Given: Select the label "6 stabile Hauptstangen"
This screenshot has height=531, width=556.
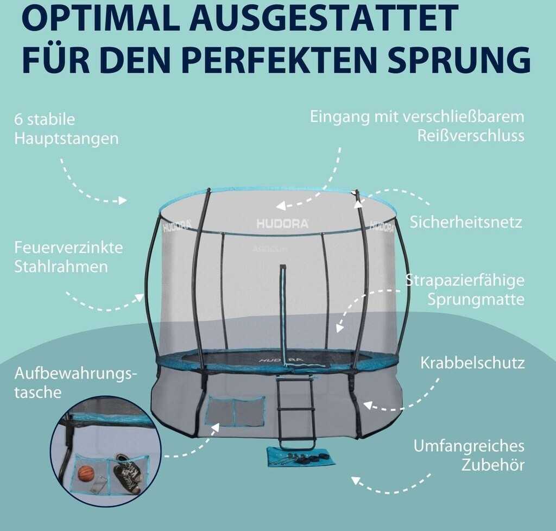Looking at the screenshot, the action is [x=66, y=129].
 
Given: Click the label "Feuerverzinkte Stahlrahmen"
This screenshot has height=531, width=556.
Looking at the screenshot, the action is [x=68, y=257].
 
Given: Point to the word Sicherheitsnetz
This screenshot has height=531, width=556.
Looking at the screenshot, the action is [x=466, y=222].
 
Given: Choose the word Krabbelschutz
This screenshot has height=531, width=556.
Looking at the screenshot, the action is [x=472, y=363].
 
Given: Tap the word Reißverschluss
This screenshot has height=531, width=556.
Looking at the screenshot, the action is [x=471, y=135].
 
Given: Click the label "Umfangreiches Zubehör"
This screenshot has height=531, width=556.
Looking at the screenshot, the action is [x=469, y=455].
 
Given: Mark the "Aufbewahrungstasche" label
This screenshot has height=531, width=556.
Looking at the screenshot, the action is [x=75, y=383].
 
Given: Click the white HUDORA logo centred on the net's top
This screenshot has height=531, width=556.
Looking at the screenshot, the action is [x=282, y=223].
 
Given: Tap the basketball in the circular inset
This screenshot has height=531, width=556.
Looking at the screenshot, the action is [x=86, y=473].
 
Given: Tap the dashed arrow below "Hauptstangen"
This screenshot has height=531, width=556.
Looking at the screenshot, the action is [x=90, y=185].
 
